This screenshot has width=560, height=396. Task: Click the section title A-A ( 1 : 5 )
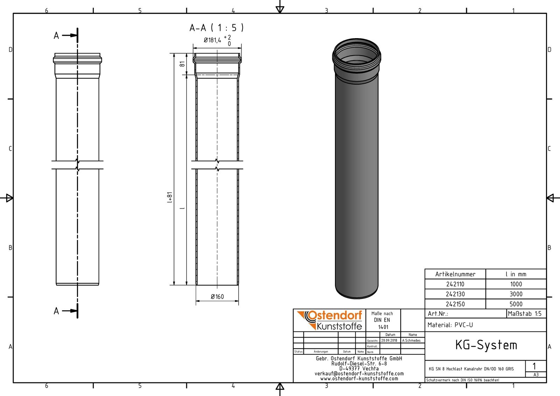(216, 28)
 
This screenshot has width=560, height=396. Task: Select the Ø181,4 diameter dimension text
(213, 40)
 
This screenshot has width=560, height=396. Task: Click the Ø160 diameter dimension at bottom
(217, 297)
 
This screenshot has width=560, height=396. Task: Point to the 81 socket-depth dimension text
(182, 64)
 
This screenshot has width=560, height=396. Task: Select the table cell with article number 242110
(455, 284)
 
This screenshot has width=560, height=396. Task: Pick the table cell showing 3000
(516, 294)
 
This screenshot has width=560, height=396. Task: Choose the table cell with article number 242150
(455, 304)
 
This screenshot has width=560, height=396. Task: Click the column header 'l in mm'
(516, 274)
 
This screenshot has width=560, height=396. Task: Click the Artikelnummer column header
(455, 274)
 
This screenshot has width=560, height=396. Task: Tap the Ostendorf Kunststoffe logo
(329, 320)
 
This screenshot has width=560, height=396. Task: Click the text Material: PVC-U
(450, 325)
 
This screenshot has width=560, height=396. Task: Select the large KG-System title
(486, 345)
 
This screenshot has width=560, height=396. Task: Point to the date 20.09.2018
(389, 340)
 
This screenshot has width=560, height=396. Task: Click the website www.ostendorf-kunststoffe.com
(359, 378)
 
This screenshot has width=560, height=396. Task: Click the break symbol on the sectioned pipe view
(217, 165)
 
